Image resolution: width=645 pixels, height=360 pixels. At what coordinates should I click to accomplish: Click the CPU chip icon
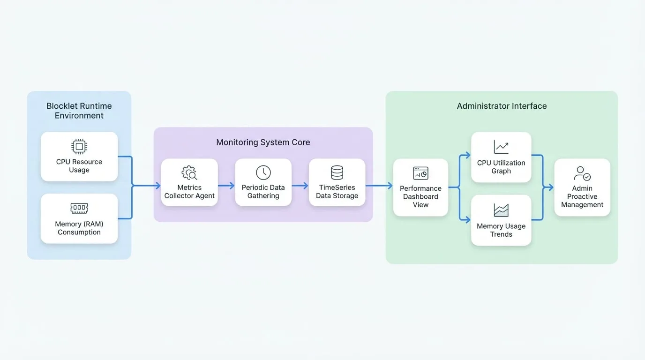(79, 146)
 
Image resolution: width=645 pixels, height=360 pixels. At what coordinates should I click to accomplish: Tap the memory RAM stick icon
(79, 208)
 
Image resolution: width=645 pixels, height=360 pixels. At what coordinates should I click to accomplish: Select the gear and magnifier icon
(189, 173)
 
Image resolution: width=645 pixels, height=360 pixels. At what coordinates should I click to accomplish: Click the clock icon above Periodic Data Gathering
(263, 172)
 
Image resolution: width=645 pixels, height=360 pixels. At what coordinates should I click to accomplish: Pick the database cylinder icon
(337, 172)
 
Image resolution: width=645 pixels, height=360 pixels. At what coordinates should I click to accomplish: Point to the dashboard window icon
(420, 173)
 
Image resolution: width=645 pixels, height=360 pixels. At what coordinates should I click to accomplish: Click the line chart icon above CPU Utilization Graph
(501, 147)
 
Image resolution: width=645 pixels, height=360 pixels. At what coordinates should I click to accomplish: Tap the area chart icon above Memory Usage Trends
(501, 210)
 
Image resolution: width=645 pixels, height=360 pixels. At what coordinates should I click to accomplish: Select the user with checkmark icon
(582, 173)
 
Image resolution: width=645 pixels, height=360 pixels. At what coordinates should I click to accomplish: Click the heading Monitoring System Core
(263, 142)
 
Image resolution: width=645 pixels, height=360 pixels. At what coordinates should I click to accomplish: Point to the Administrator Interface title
(502, 106)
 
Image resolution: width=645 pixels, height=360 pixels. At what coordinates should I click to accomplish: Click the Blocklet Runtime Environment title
(79, 111)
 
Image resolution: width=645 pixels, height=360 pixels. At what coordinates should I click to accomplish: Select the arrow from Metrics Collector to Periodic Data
(226, 186)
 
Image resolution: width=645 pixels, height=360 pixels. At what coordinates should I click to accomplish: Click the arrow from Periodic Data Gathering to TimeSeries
(300, 186)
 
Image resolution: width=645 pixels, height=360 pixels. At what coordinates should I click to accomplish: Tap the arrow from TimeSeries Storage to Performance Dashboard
(379, 186)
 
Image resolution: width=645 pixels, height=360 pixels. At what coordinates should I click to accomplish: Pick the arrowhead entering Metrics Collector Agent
(158, 186)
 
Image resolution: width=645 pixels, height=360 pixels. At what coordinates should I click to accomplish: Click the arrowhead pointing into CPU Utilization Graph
(468, 156)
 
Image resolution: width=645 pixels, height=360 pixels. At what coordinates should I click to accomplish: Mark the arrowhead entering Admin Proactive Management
(551, 187)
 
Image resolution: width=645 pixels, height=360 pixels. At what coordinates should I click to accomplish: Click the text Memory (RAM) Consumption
(79, 228)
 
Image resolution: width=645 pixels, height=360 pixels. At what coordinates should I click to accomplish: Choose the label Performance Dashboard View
(420, 197)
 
